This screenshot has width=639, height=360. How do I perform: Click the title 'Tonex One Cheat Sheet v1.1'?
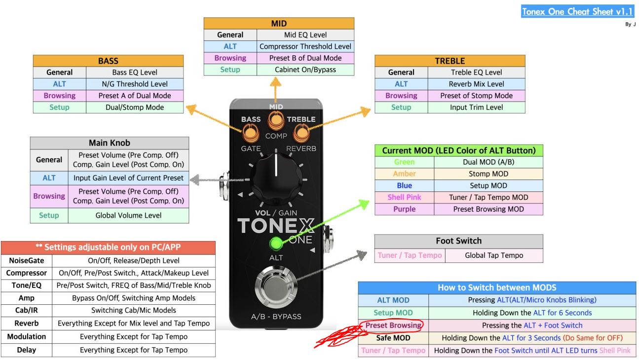pos(577,11)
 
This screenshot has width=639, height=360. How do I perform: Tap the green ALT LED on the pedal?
pos(276,244)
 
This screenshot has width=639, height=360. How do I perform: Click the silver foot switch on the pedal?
pos(276,287)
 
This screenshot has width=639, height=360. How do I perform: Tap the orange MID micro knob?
pos(276,120)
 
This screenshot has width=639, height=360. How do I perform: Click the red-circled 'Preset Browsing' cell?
pos(393,325)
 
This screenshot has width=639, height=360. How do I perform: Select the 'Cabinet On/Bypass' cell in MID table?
pos(305,70)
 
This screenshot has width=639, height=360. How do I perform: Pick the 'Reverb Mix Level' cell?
pos(476,84)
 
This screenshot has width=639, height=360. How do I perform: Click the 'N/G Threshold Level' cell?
pos(135,84)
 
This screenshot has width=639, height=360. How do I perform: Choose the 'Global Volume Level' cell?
pos(128,216)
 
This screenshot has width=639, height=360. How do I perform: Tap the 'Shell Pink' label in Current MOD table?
pos(404,197)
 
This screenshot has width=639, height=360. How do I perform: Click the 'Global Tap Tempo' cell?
pos(494,255)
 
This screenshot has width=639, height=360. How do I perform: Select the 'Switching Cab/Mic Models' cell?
pos(134,310)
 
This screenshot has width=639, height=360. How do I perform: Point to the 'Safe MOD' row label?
pos(393,338)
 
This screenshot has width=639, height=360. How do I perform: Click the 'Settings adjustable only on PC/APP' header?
pos(108,248)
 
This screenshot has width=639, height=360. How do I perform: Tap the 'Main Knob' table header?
pos(110,143)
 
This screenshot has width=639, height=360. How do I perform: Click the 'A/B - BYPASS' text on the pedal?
pos(276,317)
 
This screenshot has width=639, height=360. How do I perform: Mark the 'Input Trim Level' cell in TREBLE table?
pos(476,108)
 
